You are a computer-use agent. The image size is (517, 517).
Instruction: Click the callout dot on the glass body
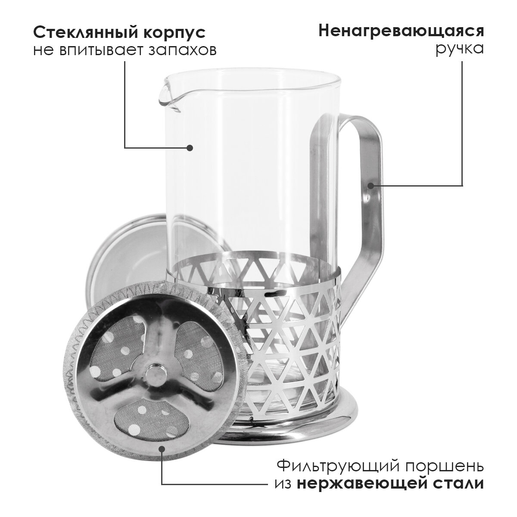point(190,148)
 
